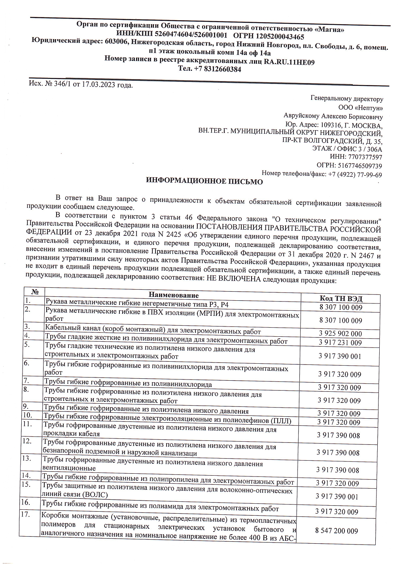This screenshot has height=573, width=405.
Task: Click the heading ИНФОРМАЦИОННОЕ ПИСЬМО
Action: click(x=204, y=182)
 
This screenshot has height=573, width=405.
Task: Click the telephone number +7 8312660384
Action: click(x=217, y=69)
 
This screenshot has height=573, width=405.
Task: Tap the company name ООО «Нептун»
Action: click(x=360, y=108)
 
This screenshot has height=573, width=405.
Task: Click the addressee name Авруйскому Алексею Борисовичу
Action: click(x=333, y=116)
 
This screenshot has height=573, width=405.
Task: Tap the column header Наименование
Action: click(x=174, y=295)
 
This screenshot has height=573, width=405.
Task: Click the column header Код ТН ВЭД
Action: click(x=341, y=298)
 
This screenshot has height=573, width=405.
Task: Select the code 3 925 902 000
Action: click(x=340, y=334)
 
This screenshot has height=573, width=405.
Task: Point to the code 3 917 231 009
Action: click(x=340, y=343)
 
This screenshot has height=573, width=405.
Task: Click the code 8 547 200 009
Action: click(x=336, y=531)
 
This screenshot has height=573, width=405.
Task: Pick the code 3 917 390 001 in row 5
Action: click(x=340, y=356)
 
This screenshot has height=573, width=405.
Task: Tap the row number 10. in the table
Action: click(x=28, y=415)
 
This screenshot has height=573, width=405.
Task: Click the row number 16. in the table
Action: click(x=26, y=502)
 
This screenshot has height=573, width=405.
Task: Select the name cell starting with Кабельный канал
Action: click(x=153, y=332)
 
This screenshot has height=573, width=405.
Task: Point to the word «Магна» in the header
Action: click(x=329, y=29)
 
